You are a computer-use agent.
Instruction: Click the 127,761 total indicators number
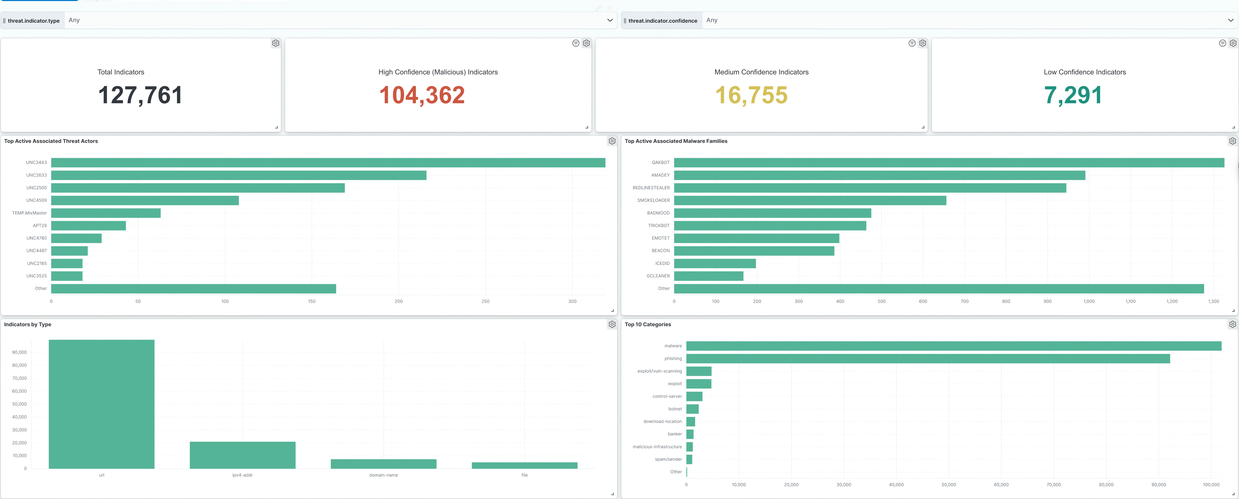[140, 95]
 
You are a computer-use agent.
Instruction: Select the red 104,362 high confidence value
[422, 95]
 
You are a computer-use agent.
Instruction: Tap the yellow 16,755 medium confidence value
[751, 95]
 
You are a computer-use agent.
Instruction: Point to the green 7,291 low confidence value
[1073, 95]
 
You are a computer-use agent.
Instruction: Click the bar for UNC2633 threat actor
[238, 175]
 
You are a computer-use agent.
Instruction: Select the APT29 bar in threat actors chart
[88, 226]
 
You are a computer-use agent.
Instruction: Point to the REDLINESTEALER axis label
[651, 188]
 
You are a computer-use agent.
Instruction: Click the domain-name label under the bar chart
[383, 475]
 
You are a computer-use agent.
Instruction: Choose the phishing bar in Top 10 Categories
[928, 358]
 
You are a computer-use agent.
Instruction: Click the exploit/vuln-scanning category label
[659, 371]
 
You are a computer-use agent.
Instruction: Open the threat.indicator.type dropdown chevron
[610, 20]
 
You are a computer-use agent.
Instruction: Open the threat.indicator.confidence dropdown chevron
[1230, 20]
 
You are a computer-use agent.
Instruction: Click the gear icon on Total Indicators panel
[276, 43]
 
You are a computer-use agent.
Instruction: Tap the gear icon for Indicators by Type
[612, 324]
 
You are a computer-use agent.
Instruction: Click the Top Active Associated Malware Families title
[676, 141]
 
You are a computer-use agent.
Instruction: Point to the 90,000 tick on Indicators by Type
[19, 352]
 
